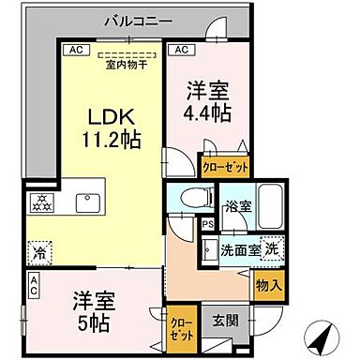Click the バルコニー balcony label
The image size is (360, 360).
[x=137, y=19]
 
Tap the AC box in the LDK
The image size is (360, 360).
[x=73, y=49]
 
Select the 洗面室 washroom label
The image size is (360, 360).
[x=239, y=251]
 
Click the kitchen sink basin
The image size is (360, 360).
[x=90, y=203]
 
